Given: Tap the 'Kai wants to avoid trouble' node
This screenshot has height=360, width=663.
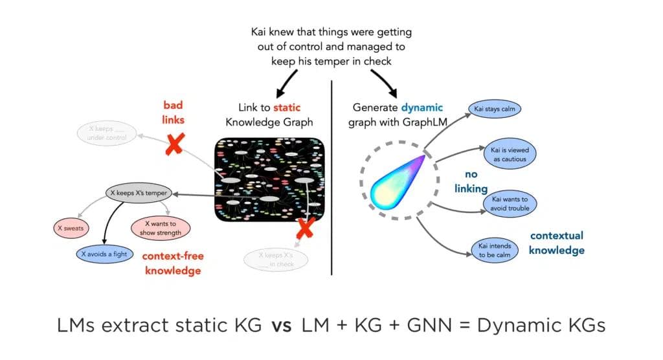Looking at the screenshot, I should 510,203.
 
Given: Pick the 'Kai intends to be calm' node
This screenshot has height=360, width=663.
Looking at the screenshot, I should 495,250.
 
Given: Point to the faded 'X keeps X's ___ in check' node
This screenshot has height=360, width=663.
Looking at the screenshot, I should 276,259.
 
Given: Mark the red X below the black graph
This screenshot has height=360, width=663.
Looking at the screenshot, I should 305,228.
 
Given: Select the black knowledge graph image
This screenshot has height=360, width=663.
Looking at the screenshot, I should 269,179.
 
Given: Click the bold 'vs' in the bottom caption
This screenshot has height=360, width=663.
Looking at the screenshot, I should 282,324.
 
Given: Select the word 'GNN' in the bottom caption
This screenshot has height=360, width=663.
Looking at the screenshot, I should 427,324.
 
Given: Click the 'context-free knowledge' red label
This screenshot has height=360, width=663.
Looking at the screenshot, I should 173,263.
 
